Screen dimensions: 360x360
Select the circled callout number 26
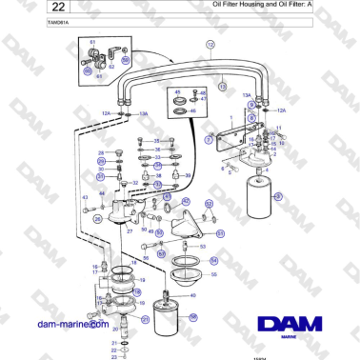[96, 219]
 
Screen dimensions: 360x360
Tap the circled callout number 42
[184, 202]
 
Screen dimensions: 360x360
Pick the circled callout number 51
[220, 232]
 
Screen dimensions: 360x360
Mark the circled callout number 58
[192, 318]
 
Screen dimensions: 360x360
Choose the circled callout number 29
[100, 174]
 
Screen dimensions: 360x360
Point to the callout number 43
[86, 197]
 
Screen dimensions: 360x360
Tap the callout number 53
[202, 245]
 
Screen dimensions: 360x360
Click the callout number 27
[130, 231]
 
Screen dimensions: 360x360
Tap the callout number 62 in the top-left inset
[110, 65]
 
